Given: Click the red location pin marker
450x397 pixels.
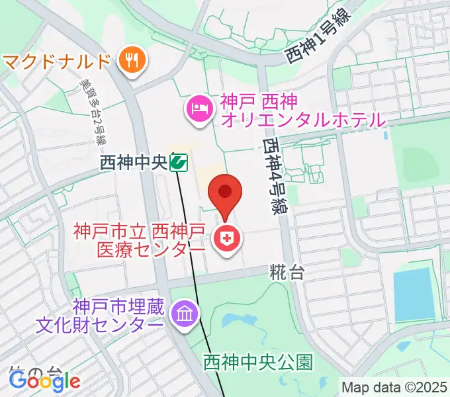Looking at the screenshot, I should click(x=225, y=193).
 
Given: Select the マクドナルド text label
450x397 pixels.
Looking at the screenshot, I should click(x=56, y=62).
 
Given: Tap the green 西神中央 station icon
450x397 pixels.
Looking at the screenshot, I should click(x=177, y=161).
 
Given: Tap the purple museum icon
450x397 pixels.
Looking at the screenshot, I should click(x=183, y=313).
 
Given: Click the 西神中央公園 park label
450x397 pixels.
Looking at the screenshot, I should click(x=257, y=362).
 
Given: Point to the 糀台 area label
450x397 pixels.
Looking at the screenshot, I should click(x=287, y=271).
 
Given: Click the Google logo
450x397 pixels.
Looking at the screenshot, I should click(x=44, y=381).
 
